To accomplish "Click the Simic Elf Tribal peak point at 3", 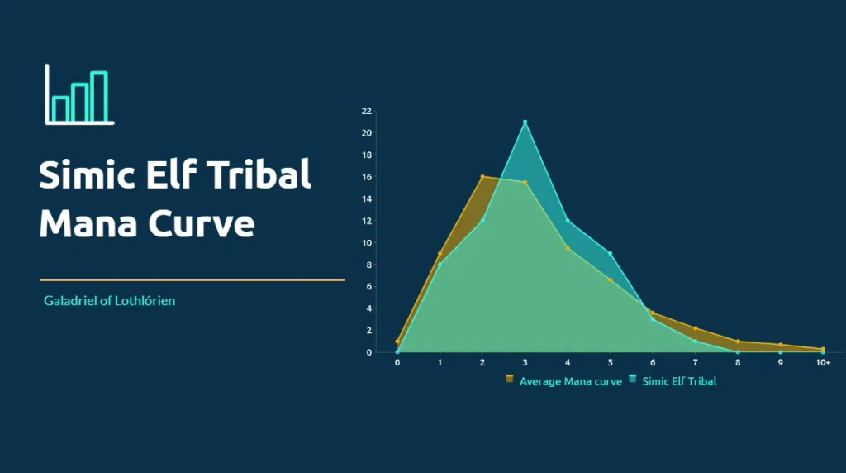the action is coord(525,122).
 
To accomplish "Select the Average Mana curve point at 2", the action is coord(482,177).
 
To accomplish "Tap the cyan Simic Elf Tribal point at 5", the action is coord(611,253).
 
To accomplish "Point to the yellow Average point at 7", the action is coord(696,328).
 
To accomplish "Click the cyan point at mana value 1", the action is coord(440,265).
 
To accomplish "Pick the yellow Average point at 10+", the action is coord(823,349).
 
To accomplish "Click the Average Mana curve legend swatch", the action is coord(509,379).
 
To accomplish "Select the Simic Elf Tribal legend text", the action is coord(679,381).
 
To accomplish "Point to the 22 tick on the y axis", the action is coord(367,112).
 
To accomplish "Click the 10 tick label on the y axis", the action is coord(367,243).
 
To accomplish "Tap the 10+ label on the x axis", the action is coord(823,363).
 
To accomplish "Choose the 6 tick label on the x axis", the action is coord(653,363).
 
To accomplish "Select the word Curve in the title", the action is coord(202,223).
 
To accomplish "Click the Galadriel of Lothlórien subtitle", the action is coord(110,301).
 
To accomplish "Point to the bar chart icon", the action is coord(79,94).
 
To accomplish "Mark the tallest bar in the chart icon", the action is coord(99,97).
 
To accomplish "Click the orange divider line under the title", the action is coord(192,279).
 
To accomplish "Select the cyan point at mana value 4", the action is coord(568,220).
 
